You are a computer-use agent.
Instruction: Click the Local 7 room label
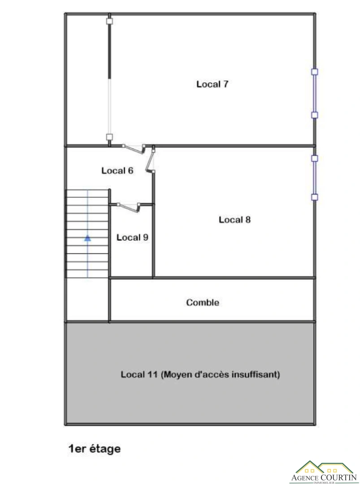(213, 84)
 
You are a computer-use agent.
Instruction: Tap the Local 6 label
(117, 170)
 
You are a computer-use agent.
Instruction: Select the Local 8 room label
(234, 220)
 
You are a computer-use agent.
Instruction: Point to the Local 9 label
(132, 237)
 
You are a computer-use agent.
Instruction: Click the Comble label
(203, 302)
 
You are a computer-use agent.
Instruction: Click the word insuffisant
(256, 374)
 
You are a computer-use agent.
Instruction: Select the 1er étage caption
(94, 449)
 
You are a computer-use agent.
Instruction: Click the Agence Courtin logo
(324, 472)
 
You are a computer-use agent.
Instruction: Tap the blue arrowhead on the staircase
(88, 238)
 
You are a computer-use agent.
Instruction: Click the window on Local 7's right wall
(314, 93)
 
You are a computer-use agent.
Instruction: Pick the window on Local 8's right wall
(314, 177)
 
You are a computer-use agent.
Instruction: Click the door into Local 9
(128, 207)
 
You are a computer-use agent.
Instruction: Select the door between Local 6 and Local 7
(134, 148)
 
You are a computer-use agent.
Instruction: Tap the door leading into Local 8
(151, 160)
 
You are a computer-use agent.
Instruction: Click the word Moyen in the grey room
(178, 375)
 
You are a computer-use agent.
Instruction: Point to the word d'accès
(212, 374)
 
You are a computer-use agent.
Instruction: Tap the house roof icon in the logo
(324, 467)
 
